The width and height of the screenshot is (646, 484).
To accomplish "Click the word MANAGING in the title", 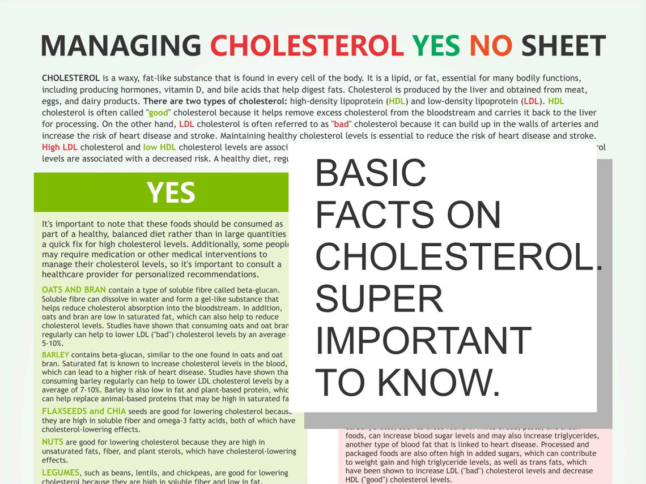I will point(120,46).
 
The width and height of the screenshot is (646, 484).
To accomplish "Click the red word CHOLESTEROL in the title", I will point(307,46).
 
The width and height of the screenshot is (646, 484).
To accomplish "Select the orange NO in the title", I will point(491,46).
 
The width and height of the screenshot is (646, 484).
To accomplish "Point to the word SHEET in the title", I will point(563,46).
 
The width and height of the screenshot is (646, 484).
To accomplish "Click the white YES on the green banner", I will point(171,193).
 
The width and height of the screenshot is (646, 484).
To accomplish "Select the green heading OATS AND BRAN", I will point(74,290).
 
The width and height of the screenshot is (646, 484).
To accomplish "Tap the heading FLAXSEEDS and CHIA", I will point(84,411).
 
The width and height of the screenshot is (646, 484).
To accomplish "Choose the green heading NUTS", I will point(53,442).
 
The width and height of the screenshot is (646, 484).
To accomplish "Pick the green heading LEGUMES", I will point(61,472).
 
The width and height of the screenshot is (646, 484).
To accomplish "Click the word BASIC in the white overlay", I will point(371,173).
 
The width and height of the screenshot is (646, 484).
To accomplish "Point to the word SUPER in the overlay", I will point(379,299).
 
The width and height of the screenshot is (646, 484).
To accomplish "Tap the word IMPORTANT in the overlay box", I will point(423,341).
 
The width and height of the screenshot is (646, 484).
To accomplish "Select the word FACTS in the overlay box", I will point(375,215).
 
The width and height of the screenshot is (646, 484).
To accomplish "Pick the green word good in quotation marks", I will point(159,113).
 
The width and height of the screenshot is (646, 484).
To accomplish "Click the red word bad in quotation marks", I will point(342,124).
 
